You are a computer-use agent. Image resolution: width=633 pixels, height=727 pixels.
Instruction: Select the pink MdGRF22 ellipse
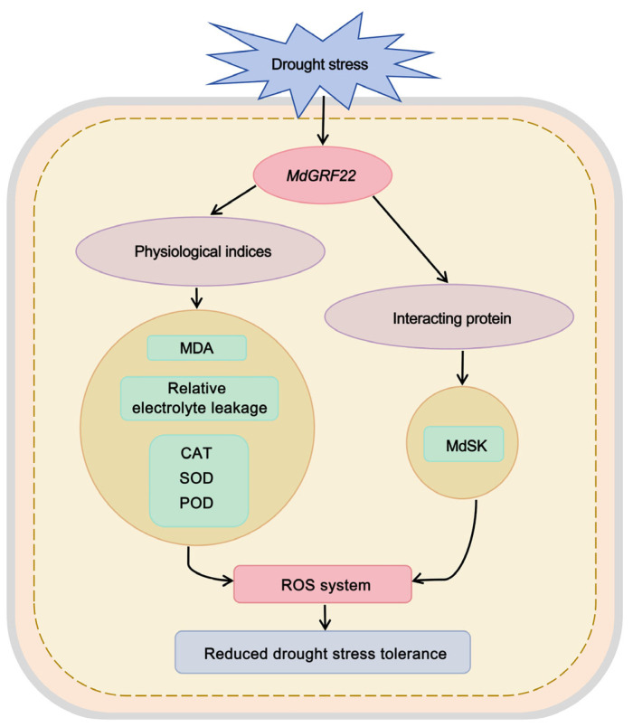tap(322, 175)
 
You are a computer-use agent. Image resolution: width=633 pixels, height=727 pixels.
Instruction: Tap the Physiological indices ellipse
tap(201, 251)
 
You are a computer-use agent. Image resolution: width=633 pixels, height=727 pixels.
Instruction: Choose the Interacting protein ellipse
tap(449, 317)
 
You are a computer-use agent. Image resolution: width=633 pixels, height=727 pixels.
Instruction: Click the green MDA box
tap(196, 348)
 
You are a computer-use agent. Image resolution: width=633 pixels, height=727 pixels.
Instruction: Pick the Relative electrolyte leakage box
tap(200, 398)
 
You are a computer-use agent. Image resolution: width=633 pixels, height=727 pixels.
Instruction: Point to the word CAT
tap(196, 453)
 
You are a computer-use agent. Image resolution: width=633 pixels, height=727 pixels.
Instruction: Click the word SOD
tap(196, 478)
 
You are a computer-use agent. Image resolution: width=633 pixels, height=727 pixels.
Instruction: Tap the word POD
tap(196, 503)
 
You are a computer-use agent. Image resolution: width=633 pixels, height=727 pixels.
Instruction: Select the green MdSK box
tap(464, 444)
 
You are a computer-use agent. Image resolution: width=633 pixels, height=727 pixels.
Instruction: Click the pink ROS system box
tap(323, 584)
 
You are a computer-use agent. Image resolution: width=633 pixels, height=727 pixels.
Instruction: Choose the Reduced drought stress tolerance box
tap(323, 652)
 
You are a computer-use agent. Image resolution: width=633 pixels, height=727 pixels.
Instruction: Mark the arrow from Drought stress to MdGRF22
tap(323, 120)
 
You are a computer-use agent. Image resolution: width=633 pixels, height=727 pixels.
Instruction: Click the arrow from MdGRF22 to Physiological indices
tap(233, 201)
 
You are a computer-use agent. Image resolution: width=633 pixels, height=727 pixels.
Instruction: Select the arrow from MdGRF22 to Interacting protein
tap(411, 240)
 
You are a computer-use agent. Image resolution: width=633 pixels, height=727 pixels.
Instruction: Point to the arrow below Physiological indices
tap(196, 298)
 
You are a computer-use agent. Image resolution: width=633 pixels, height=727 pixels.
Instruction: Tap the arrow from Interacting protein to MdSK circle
tap(462, 368)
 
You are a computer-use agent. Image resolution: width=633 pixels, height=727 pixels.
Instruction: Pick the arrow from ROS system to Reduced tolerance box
tap(325, 617)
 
